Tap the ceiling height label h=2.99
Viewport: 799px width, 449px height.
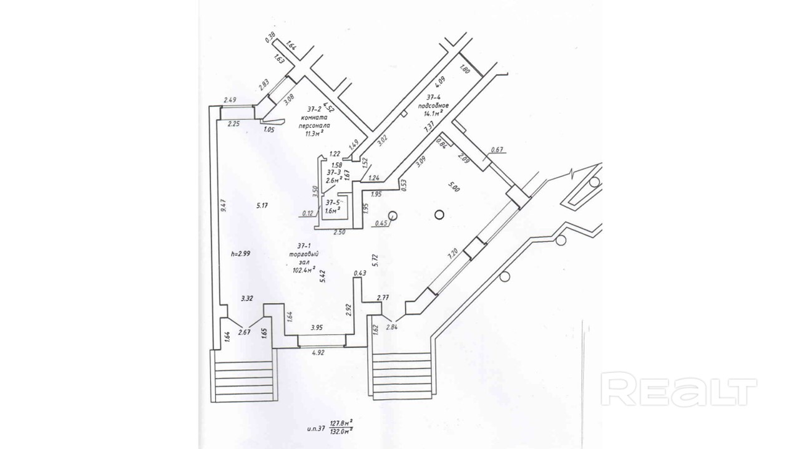(x=240, y=254)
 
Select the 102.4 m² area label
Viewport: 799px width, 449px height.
(x=304, y=271)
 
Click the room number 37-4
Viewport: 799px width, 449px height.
(x=434, y=97)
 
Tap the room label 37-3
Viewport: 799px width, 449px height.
(x=334, y=172)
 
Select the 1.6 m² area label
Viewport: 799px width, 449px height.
(x=332, y=211)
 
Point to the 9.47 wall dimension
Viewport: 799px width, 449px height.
(x=223, y=206)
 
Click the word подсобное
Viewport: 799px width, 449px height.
(x=434, y=105)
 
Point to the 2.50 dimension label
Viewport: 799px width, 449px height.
(x=339, y=232)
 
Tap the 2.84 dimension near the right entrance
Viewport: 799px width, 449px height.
(x=392, y=327)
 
